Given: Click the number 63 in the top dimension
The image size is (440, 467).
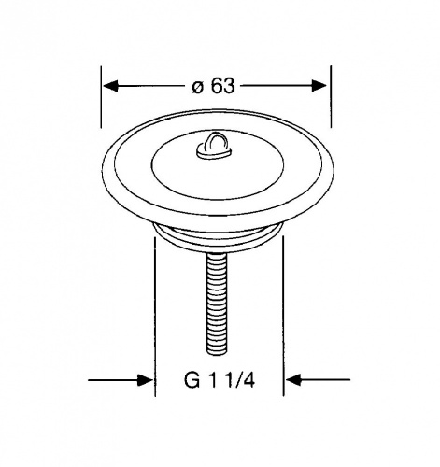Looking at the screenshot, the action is (223, 85).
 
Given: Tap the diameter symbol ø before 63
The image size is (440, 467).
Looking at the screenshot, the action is (198, 87).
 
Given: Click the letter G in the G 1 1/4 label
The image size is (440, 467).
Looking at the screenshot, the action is (192, 380).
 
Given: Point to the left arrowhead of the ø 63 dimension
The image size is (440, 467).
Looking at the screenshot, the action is (110, 86).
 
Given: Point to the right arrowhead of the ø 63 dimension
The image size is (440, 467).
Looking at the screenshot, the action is (319, 86).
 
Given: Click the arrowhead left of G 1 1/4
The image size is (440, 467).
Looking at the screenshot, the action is (145, 380).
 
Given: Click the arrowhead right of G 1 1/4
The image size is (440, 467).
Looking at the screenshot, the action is (293, 380).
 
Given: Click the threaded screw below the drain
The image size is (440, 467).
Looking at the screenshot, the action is (216, 303).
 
